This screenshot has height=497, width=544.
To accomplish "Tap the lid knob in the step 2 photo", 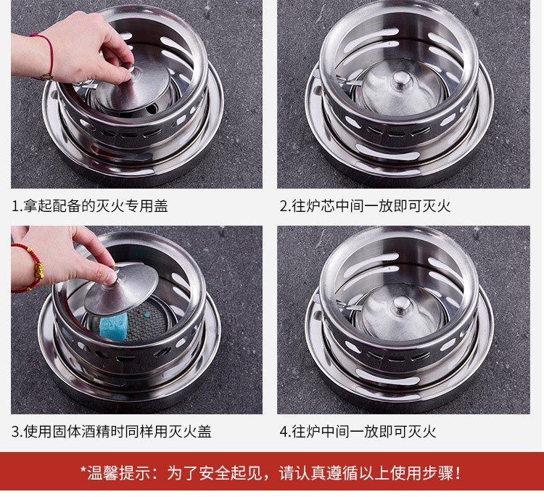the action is click(x=401, y=79).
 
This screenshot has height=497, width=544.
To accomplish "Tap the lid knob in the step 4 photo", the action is click(x=402, y=305).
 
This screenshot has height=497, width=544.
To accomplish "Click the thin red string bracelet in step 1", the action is click(x=46, y=56).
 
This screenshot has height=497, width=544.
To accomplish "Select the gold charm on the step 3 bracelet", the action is click(x=39, y=270).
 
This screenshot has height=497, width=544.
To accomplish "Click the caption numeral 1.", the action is click(x=16, y=206).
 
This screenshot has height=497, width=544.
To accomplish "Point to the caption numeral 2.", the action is click(x=284, y=206).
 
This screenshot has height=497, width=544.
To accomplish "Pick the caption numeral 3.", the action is click(x=16, y=432).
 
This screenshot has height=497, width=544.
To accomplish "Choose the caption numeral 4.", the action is click(x=284, y=432).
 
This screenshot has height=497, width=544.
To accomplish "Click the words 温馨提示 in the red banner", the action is click(x=119, y=473).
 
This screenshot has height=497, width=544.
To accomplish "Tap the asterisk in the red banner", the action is click(x=83, y=469).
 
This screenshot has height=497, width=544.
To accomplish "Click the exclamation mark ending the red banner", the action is click(x=459, y=473).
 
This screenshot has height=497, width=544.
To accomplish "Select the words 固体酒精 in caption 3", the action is click(x=81, y=432).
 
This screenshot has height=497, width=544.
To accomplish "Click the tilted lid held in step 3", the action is click(x=121, y=289).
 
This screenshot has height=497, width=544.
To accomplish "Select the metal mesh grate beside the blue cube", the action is click(x=146, y=320).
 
